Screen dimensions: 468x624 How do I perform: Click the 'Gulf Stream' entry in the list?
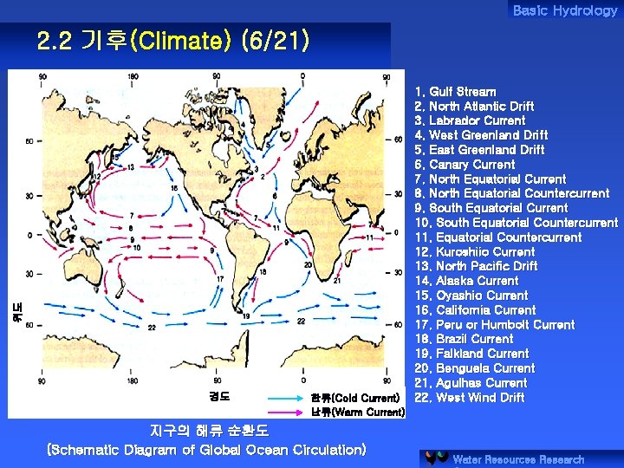tap(456, 92)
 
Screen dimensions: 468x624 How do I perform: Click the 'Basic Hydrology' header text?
tap(564, 10)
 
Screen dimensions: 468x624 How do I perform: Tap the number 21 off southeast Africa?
tap(336, 280)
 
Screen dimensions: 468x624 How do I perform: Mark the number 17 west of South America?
tap(221, 279)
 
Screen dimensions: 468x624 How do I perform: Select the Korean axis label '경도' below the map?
tap(219, 397)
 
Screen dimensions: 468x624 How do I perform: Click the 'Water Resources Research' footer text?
tap(518, 459)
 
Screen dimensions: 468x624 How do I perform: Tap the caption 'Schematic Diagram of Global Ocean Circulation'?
tap(206, 450)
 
